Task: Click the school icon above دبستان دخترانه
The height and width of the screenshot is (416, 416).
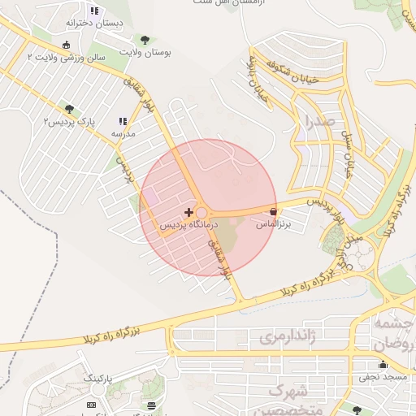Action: click(94, 11)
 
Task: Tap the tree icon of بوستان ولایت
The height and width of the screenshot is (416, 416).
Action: click(145, 39)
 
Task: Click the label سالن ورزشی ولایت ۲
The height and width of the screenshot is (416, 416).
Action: click(67, 58)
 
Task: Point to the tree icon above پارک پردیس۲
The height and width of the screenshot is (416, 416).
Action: click(69, 109)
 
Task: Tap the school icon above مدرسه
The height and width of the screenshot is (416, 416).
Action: click(122, 120)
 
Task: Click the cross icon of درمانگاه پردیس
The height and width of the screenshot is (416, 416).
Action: click(189, 212)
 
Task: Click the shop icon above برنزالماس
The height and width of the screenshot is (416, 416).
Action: click(273, 212)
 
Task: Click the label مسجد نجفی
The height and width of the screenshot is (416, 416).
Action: click(383, 379)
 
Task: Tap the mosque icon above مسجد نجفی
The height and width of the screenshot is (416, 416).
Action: click(383, 365)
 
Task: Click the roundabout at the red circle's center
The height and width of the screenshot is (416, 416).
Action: click(201, 212)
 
